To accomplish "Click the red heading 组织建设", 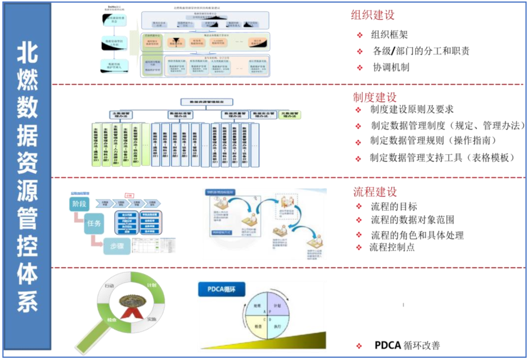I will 373,15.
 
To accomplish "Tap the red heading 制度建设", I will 374,97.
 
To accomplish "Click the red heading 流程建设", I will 375,192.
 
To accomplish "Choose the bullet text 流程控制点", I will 392,247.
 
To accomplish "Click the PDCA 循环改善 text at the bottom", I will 407,345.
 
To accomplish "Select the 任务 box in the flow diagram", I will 94,223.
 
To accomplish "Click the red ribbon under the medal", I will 131,313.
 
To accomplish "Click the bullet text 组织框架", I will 390,35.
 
